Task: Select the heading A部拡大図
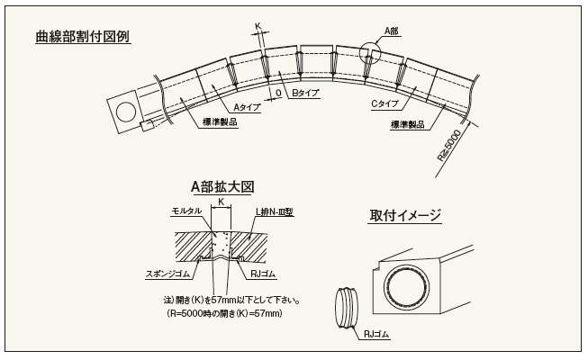(222, 186)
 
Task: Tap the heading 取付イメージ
(404, 215)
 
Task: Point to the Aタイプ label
(247, 107)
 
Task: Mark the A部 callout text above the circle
(392, 31)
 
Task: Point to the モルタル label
(187, 211)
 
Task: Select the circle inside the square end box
(125, 111)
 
